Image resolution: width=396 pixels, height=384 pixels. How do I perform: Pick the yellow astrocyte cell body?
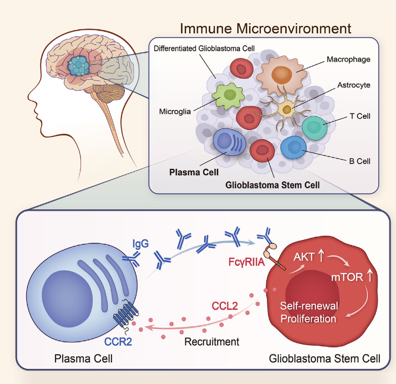(x=287, y=110)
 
